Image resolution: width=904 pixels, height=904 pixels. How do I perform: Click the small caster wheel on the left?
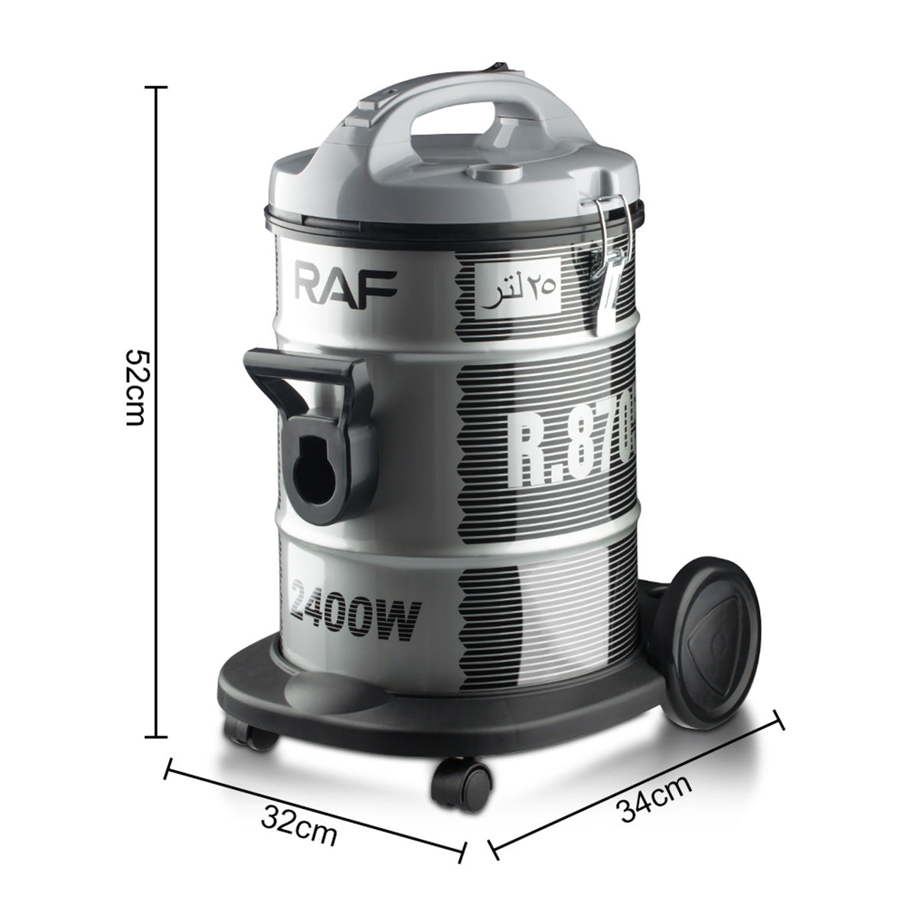(x=250, y=736)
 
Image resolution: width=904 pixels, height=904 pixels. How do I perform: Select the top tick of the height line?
(x=156, y=87)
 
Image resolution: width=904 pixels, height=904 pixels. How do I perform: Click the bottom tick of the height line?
(x=156, y=737)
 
